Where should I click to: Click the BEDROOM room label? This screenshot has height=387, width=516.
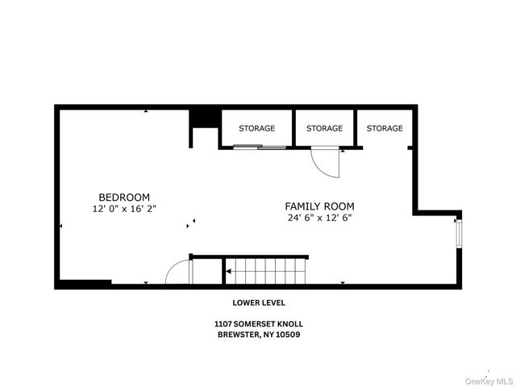pyautogui.click(x=124, y=197)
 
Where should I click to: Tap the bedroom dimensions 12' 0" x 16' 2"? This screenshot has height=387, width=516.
pyautogui.click(x=124, y=208)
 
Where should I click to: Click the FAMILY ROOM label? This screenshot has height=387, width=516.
pyautogui.click(x=320, y=206)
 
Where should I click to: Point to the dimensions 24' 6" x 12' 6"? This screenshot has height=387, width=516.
pyautogui.click(x=320, y=218)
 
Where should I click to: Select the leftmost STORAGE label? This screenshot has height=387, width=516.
pyautogui.click(x=256, y=128)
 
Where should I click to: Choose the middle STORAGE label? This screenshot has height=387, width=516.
pyautogui.click(x=324, y=128)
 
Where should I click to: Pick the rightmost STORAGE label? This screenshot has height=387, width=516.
pyautogui.click(x=385, y=128)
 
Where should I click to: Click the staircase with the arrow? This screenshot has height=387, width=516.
pyautogui.click(x=266, y=271)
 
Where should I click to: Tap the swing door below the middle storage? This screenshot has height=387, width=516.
pyautogui.click(x=327, y=163)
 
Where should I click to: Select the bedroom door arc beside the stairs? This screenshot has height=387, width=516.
pyautogui.click(x=179, y=272)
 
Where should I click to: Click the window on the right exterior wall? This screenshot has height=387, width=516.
pyautogui.click(x=458, y=232)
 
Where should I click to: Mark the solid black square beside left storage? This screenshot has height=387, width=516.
pyautogui.click(x=204, y=118)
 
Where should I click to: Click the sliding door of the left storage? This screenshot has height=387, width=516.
pyautogui.click(x=260, y=147)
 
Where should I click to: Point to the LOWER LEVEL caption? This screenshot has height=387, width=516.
pyautogui.click(x=257, y=303)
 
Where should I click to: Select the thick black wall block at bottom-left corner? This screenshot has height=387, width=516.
pyautogui.click(x=84, y=283)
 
